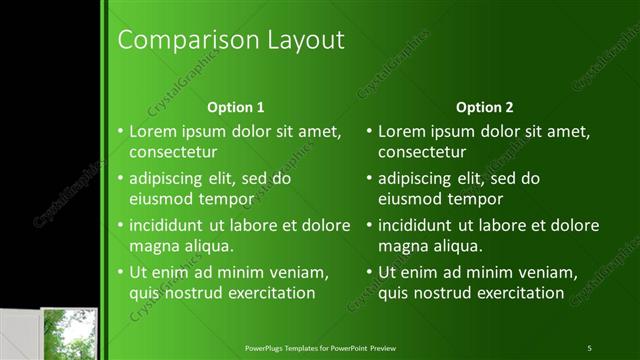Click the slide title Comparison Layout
(x=231, y=40)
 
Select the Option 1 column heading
(x=235, y=107)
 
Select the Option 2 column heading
(x=485, y=107)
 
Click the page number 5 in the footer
(x=590, y=347)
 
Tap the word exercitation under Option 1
(x=272, y=293)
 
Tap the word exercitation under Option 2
(x=522, y=293)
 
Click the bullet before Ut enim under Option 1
(x=119, y=272)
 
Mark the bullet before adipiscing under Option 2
(x=369, y=179)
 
